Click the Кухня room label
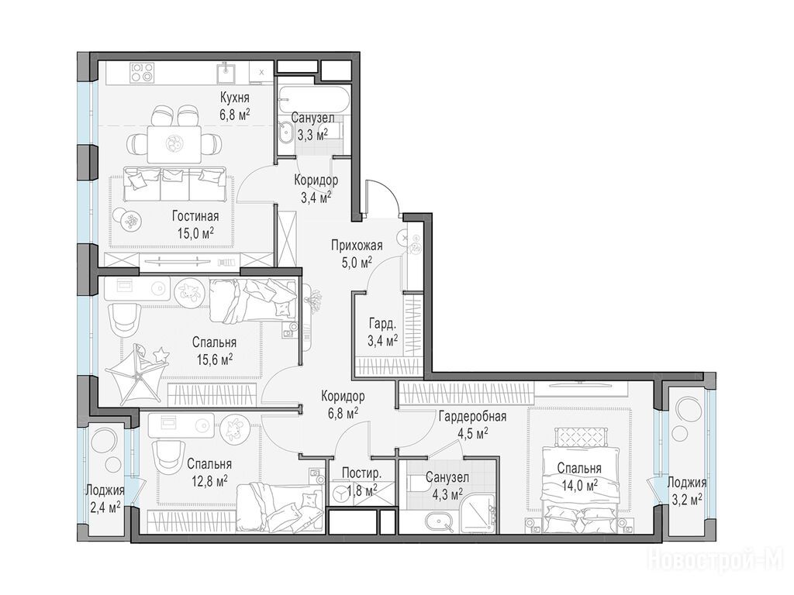coord(234,97)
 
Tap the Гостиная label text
coord(195,217)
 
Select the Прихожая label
coord(357,246)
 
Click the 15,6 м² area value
coord(214,359)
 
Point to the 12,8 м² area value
coord(209,480)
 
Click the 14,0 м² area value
coord(579,485)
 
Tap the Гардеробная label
coord(472,417)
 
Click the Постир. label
coord(361,473)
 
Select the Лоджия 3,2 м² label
coord(686,490)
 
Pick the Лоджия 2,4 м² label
coord(105,497)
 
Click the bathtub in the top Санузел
coord(315,100)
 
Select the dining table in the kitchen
coord(174,143)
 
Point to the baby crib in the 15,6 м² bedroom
coord(136,373)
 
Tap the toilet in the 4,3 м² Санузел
coord(418,485)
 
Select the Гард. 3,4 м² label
coord(383,332)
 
